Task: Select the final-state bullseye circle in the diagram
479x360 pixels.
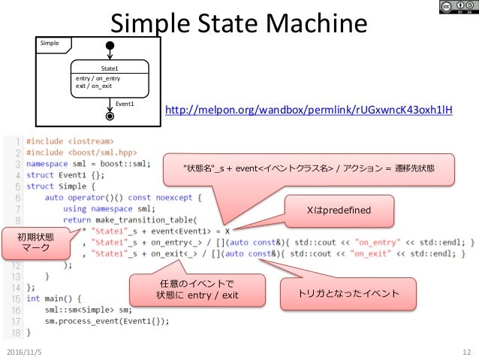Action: (x=110, y=116)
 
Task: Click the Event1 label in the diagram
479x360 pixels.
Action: (x=125, y=104)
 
